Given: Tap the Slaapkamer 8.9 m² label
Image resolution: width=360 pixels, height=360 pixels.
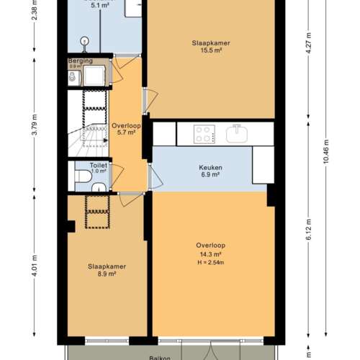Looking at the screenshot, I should [107, 270].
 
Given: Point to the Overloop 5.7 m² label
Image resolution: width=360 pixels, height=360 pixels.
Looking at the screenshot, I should [126, 129].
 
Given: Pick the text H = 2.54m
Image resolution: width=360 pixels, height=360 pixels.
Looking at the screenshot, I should [212, 261].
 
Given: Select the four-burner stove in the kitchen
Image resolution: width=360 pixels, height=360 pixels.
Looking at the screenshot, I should [204, 133].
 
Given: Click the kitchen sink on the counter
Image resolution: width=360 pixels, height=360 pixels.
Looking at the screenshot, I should [236, 133].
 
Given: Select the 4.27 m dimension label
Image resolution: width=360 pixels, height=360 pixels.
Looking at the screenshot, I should [308, 39].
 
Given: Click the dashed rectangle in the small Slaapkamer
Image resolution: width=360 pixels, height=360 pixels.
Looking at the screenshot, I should [96, 211].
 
